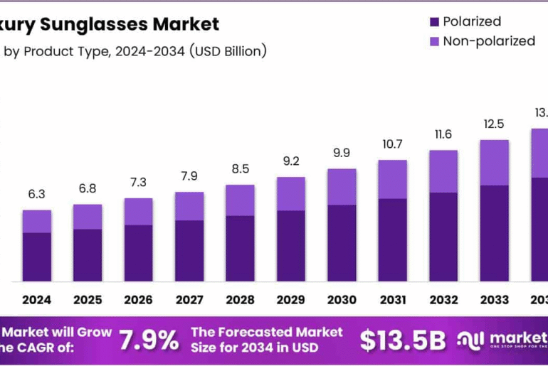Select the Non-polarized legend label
pos(488,41)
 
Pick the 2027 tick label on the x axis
pos(189,300)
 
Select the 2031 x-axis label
pos(392,300)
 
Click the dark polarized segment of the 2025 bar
pos(88,254)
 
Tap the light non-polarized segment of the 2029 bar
pos(290,193)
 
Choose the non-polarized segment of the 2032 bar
pos(443,171)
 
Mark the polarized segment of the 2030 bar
pos(342,242)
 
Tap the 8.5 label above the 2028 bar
pos(240,170)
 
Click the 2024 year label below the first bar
pos(36,300)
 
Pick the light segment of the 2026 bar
pos(138,211)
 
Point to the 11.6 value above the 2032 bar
pos(443,134)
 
